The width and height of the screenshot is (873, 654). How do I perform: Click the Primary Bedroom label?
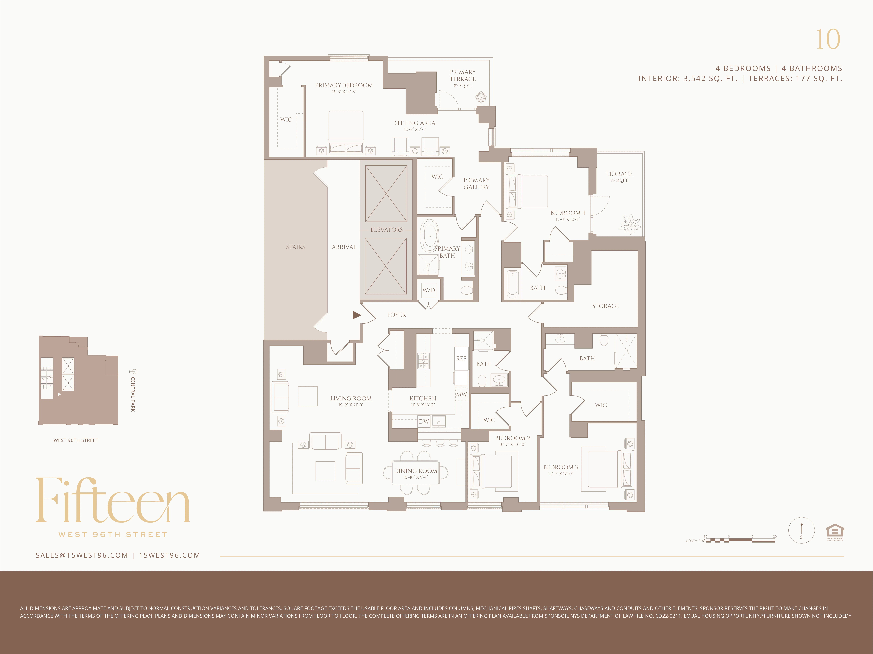(x=344, y=85)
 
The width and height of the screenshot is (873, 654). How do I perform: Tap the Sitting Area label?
(x=415, y=123)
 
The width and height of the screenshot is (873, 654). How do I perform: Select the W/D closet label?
(x=429, y=290)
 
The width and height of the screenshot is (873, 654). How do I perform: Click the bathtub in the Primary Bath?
(x=429, y=236)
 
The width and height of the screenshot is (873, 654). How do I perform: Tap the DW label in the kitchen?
(x=424, y=421)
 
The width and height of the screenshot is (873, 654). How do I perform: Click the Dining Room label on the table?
(x=416, y=471)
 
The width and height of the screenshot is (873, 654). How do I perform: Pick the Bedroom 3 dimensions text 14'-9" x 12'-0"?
(x=560, y=474)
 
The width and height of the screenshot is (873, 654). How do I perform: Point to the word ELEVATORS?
(x=386, y=230)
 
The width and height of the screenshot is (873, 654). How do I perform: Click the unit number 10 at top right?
(x=828, y=39)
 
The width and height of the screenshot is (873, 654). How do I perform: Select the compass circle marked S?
(x=801, y=531)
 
